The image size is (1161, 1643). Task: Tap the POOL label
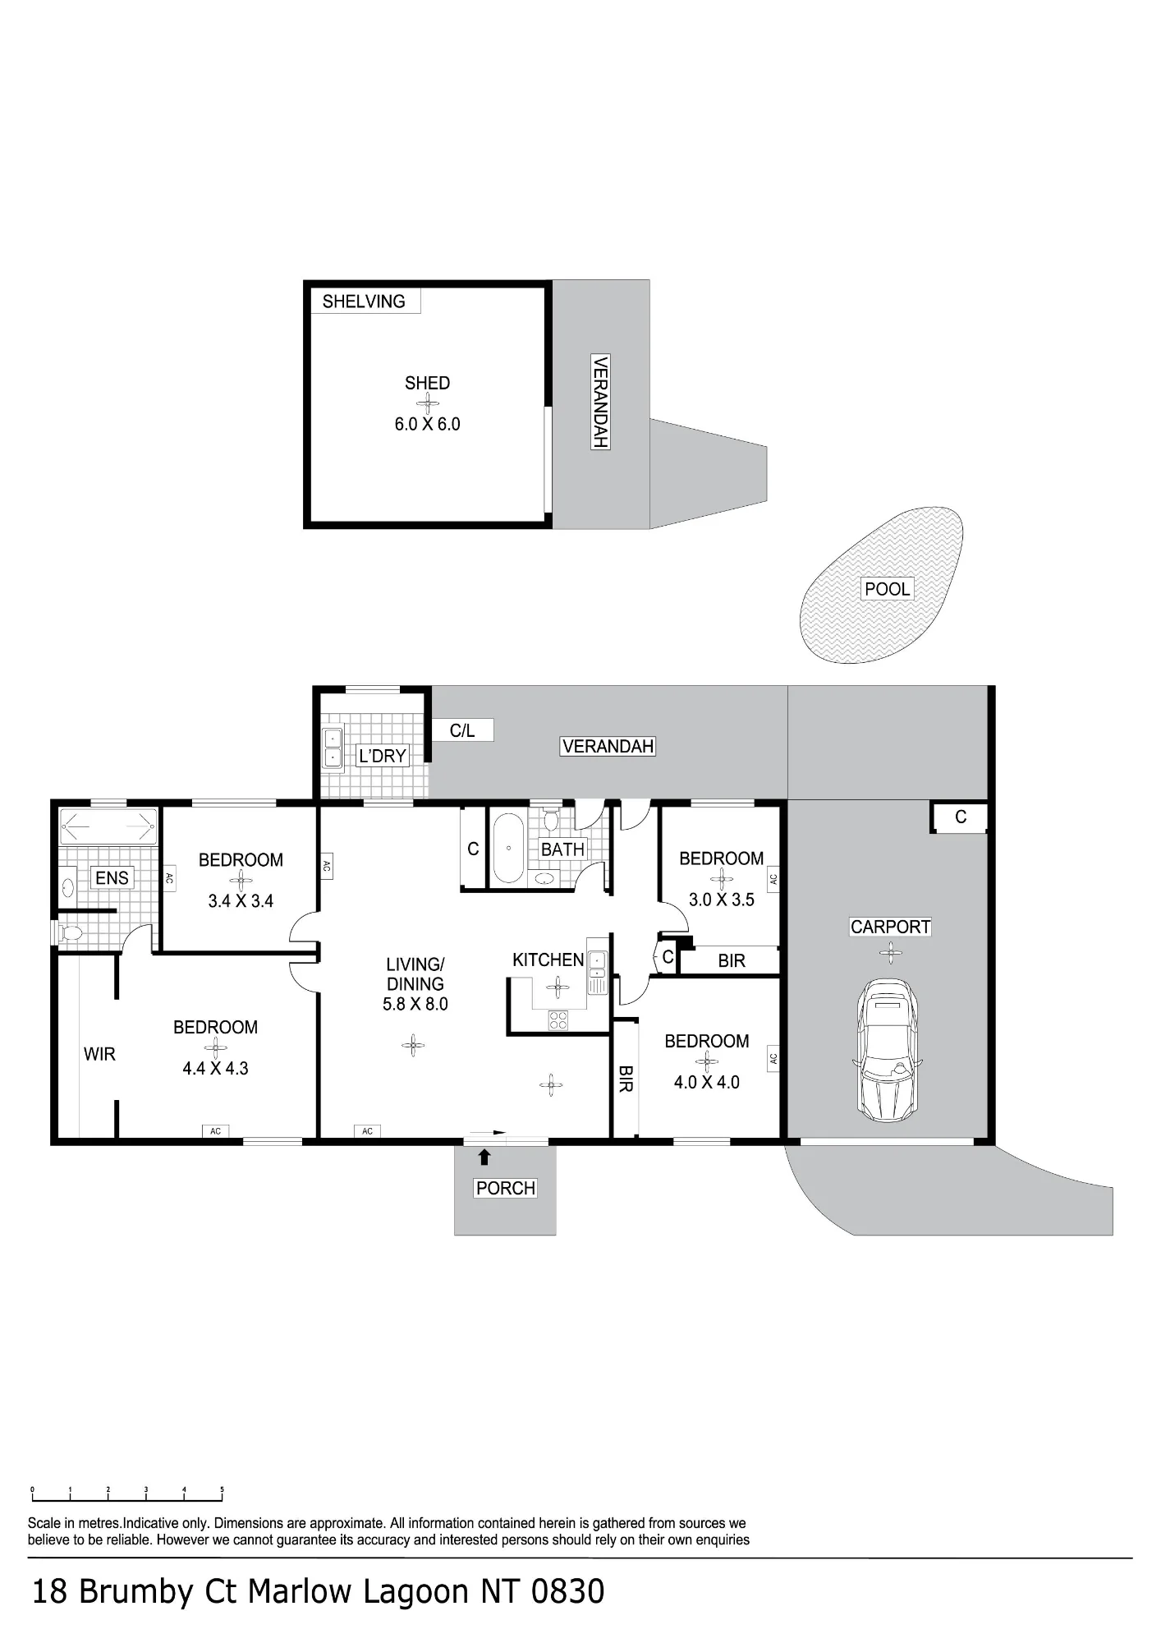(888, 588)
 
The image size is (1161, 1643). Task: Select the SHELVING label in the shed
(364, 301)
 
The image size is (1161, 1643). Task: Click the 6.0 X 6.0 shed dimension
(427, 425)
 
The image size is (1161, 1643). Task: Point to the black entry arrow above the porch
(484, 1157)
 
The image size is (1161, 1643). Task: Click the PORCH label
(506, 1188)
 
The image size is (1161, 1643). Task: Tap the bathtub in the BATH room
(509, 849)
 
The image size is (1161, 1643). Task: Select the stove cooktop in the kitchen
(558, 1019)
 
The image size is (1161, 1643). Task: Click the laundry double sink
(333, 748)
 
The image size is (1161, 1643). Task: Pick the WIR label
(99, 1054)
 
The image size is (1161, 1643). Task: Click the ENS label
(112, 878)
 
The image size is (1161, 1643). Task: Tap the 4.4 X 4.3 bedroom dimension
(215, 1069)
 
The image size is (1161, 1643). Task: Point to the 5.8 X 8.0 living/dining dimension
(415, 1004)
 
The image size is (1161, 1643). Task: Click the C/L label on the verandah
(462, 730)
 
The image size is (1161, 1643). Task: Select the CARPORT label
(890, 927)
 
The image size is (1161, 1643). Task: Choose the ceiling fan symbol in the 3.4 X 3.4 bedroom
(241, 881)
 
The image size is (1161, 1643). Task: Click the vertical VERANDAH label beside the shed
(600, 402)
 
